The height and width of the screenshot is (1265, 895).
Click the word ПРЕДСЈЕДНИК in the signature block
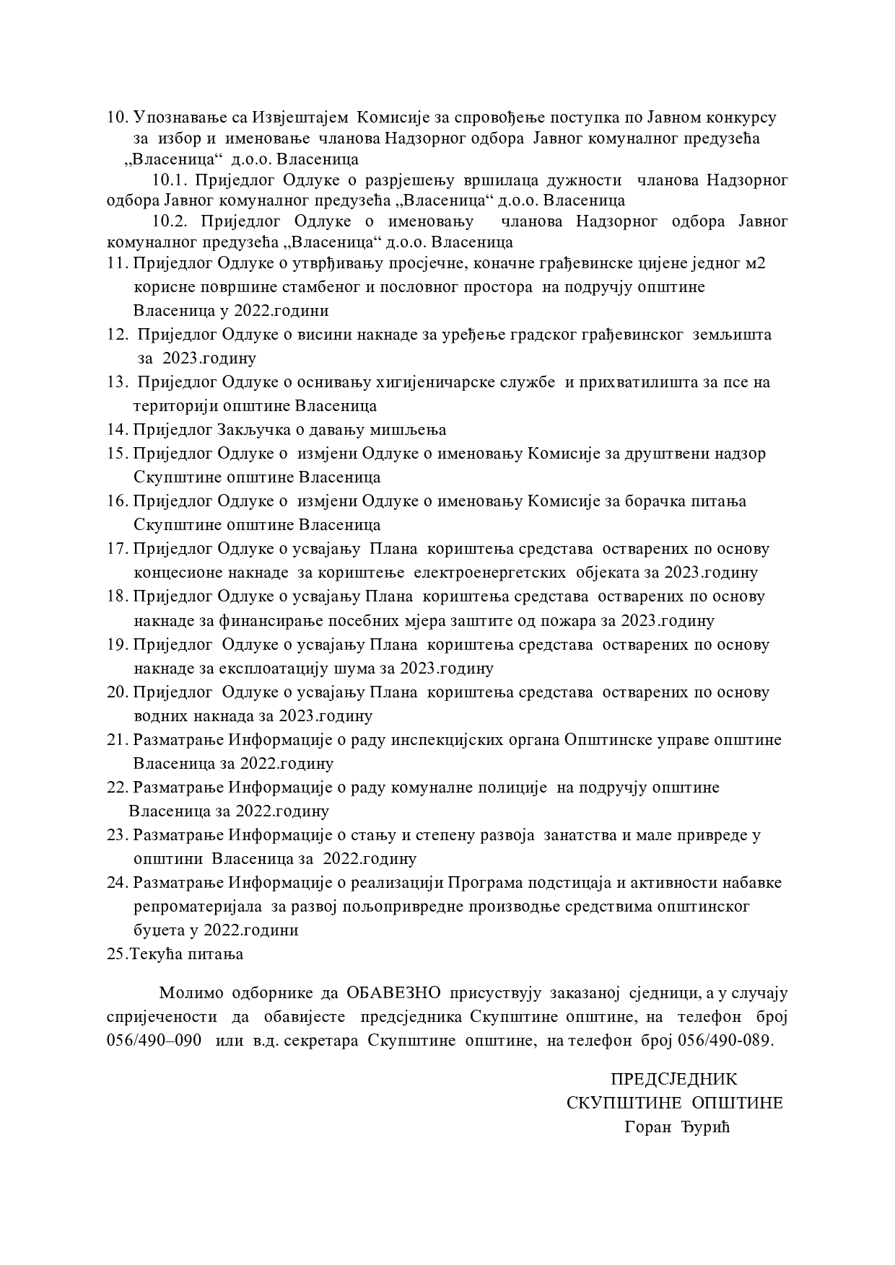(x=674, y=1079)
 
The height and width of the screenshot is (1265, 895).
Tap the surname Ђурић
(x=706, y=1127)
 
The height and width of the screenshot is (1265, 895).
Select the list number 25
(x=117, y=954)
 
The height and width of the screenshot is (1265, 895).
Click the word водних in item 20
(x=160, y=716)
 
